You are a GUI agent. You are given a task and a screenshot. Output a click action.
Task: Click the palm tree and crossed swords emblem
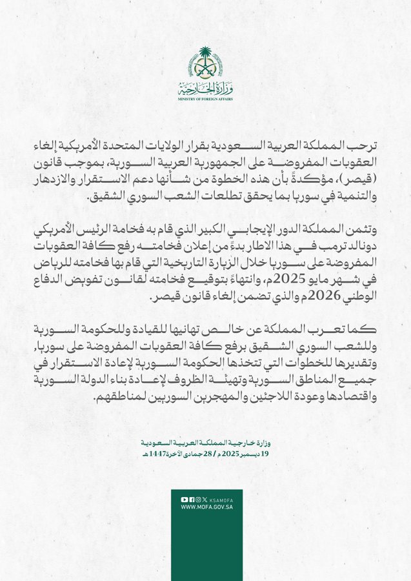click(206, 63)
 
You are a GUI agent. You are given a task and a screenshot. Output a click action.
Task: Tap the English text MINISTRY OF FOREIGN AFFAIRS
click(205, 98)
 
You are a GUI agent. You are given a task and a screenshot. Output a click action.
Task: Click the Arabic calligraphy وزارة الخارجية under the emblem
click(205, 88)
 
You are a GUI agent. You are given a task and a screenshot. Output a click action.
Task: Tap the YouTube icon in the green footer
click(184, 499)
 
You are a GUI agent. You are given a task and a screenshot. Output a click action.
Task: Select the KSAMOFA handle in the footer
click(220, 499)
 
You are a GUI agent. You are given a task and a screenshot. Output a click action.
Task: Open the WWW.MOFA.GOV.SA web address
click(206, 507)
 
